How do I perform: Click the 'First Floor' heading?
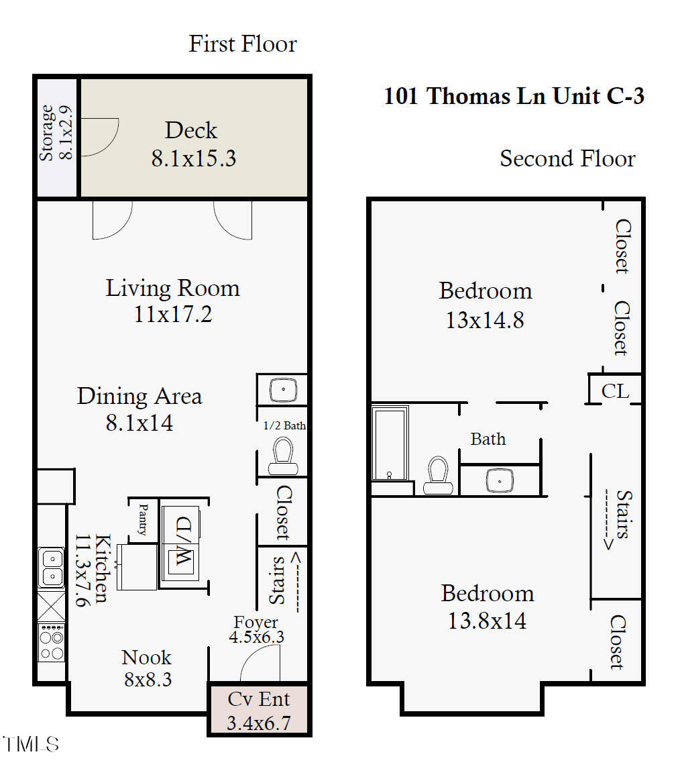243,44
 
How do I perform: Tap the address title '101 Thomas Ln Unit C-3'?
514,96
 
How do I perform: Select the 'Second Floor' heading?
567,159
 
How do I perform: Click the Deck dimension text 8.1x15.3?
193,159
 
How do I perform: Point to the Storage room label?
46,133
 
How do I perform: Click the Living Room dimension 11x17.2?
173,314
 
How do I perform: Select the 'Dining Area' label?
139,396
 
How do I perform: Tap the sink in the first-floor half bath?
284,390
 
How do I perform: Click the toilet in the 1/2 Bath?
282,456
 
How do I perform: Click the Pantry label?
143,519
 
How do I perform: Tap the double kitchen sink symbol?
50,568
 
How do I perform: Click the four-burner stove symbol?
51,643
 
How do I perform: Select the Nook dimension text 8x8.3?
148,679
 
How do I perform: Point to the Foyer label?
256,622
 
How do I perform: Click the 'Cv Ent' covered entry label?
259,699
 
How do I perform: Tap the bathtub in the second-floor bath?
390,444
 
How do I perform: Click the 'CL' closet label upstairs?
616,391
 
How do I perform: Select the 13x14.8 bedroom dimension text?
485,320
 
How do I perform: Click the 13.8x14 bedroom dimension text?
487,621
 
